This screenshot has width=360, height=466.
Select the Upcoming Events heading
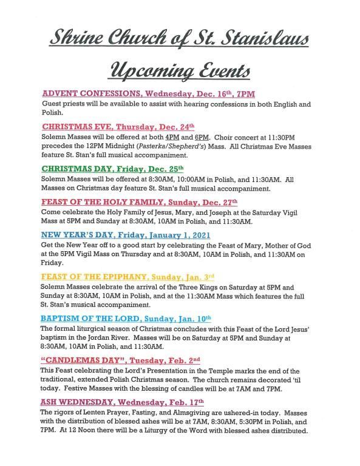tap(180, 70)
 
